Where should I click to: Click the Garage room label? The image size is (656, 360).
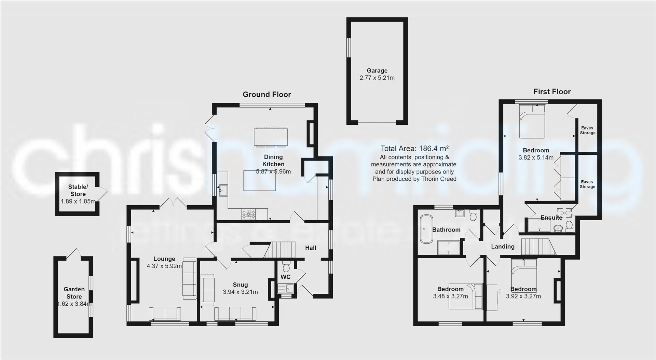click(x=377, y=71)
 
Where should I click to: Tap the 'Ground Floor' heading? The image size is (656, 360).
click(x=267, y=95)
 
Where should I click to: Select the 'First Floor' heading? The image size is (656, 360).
click(x=552, y=92)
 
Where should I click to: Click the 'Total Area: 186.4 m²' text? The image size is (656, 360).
click(x=414, y=149)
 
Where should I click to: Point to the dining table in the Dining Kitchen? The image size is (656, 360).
click(x=271, y=137)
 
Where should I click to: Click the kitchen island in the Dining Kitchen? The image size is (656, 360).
click(x=260, y=180)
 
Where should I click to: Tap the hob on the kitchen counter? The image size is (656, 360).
click(x=249, y=214)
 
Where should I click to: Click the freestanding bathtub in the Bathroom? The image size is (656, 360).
click(x=426, y=229)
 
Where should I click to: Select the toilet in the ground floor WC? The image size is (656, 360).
click(x=286, y=266)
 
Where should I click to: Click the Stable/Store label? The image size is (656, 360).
click(x=78, y=190)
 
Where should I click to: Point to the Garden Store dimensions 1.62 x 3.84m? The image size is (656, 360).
click(x=74, y=304)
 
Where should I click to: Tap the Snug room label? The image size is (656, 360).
click(x=240, y=285)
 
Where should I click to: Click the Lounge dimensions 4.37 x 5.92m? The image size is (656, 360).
click(x=164, y=266)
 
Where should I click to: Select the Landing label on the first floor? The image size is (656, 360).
click(x=503, y=246)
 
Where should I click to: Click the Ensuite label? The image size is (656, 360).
click(x=551, y=218)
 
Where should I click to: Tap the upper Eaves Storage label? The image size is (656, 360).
click(x=587, y=130)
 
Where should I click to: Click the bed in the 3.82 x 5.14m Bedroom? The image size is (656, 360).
click(x=532, y=121)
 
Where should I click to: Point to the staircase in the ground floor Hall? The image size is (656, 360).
click(x=280, y=250)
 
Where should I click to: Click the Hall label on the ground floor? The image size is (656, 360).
click(x=311, y=248)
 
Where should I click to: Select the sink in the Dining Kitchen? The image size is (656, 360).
click(x=223, y=190)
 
